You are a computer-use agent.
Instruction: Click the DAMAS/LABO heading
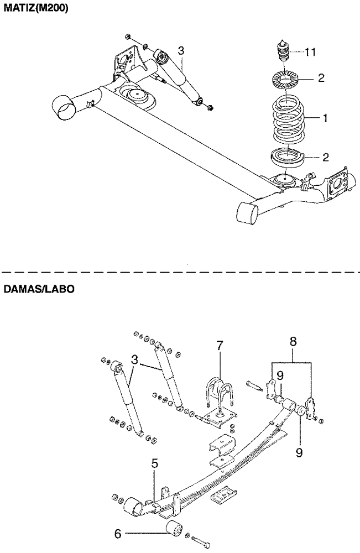[x=39, y=289]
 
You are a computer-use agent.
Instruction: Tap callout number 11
[x=310, y=52]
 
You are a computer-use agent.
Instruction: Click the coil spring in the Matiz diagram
[x=289, y=120]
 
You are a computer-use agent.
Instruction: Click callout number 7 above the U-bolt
[x=220, y=346]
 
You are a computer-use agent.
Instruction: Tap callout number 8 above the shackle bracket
[x=293, y=341]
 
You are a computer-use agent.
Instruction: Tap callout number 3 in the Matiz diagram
[x=180, y=51]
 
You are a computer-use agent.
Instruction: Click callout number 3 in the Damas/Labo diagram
[x=134, y=359]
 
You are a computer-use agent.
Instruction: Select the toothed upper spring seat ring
[x=286, y=80]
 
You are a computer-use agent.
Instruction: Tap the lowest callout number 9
[x=299, y=452]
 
